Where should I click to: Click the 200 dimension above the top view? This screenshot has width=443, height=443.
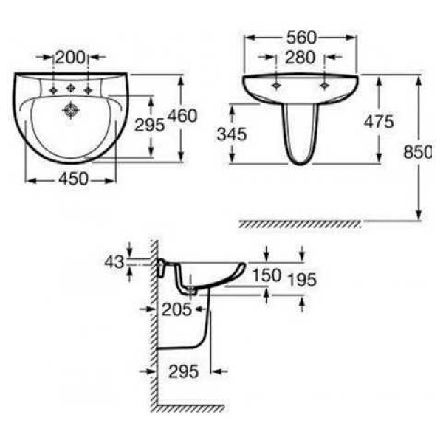coord(70,58)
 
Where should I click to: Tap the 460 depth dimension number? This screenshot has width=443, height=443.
coord(182,116)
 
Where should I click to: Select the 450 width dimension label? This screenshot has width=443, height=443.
coord(73,179)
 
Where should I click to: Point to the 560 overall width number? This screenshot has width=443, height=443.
coord(301,38)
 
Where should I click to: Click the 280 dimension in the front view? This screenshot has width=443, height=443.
coord(300,58)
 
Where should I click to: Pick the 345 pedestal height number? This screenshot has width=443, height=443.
coord(232,134)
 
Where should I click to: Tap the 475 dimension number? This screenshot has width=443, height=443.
coord(379,122)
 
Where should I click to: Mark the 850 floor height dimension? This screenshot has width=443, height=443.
coord(418,152)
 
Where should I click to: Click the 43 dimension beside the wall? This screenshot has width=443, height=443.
coord(114,262)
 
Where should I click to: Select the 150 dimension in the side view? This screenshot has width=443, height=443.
coord(267,275)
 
